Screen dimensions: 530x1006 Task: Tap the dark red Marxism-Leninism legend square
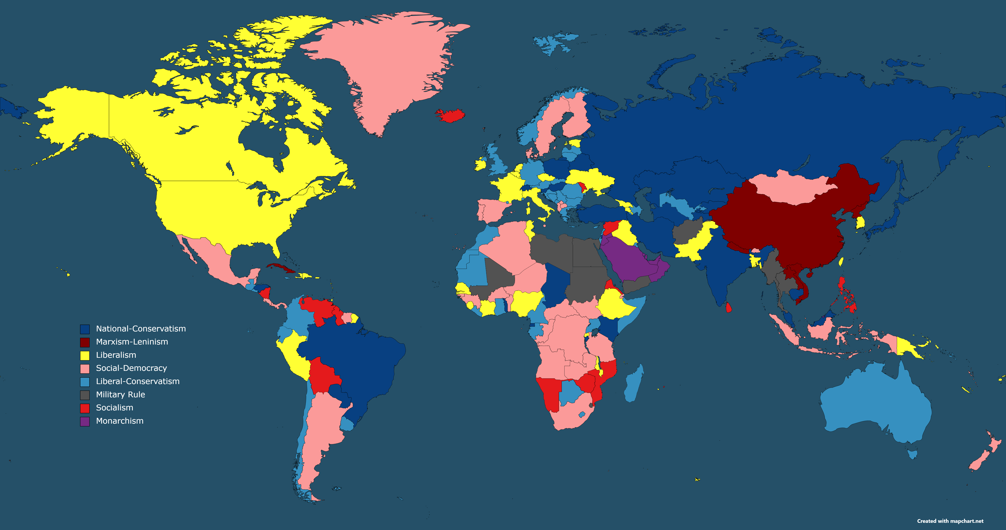(85, 342)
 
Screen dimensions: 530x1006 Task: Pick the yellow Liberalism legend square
(85, 355)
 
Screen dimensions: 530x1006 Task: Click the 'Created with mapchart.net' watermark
(950, 521)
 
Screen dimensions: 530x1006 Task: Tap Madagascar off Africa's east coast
(633, 384)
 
